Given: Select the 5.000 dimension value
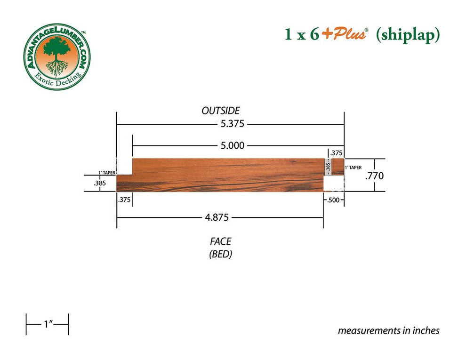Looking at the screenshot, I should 233,146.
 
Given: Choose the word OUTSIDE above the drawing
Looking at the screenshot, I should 220,111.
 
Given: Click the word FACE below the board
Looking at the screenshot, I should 220,241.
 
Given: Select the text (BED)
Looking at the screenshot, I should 220,254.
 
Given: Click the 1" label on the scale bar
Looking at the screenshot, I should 47,324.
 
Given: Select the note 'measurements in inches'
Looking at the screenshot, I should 388,330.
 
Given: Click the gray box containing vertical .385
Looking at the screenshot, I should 328,167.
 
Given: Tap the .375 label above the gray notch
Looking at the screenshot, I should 336,153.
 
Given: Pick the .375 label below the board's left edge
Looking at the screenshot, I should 124,200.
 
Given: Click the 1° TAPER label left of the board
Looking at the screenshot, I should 106,172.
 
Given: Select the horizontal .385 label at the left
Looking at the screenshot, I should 100,184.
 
